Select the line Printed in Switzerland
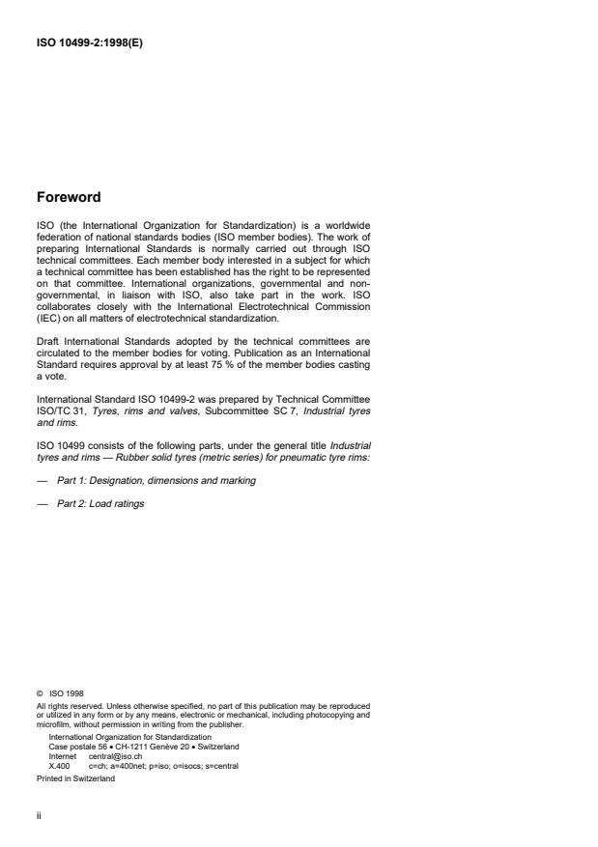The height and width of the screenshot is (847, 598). coord(74,778)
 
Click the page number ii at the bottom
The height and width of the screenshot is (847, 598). coord(38,814)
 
